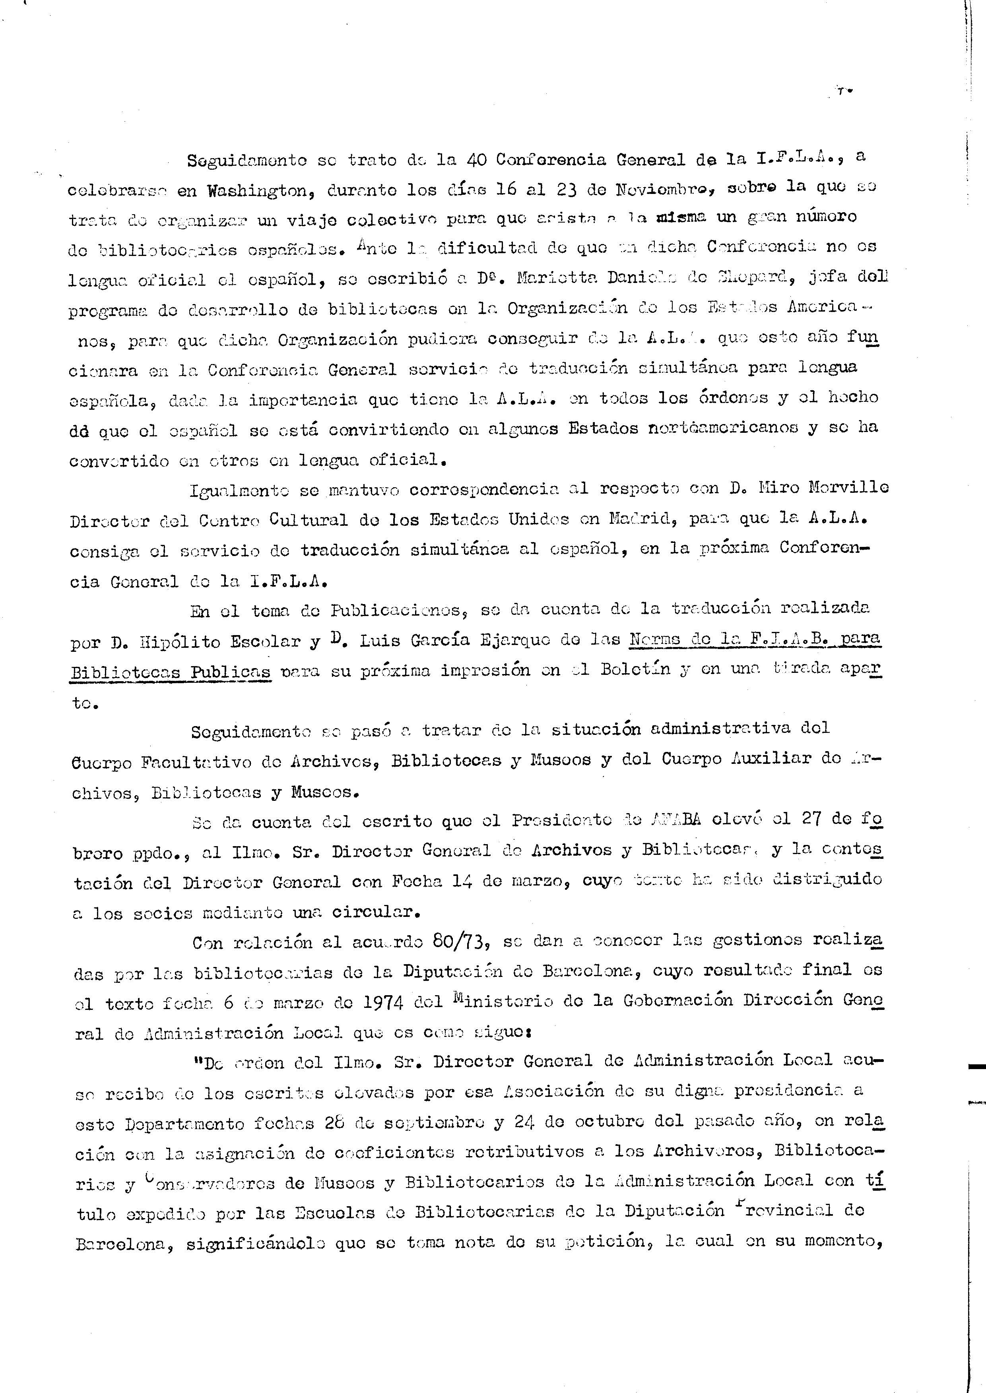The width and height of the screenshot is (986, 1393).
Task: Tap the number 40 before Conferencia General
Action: coord(476,160)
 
